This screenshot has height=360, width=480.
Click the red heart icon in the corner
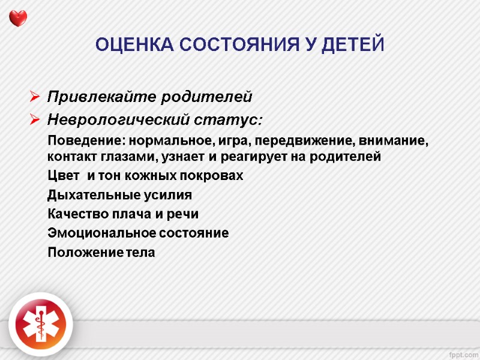coord(18,19)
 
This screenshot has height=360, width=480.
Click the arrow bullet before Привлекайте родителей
coord(34,97)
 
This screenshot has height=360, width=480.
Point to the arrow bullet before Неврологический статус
coord(34,120)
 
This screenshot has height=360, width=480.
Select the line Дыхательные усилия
coord(119,195)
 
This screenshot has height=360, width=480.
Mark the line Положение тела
coord(101,253)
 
